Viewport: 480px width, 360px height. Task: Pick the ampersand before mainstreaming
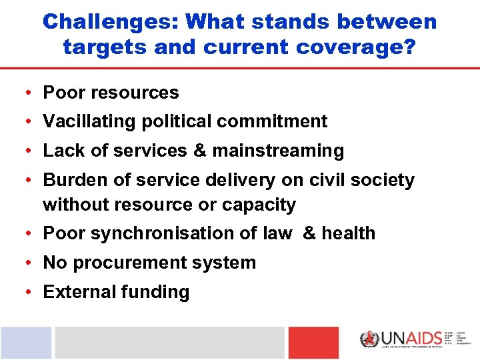199,151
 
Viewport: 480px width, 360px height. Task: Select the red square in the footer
313,343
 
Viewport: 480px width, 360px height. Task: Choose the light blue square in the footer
25,343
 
